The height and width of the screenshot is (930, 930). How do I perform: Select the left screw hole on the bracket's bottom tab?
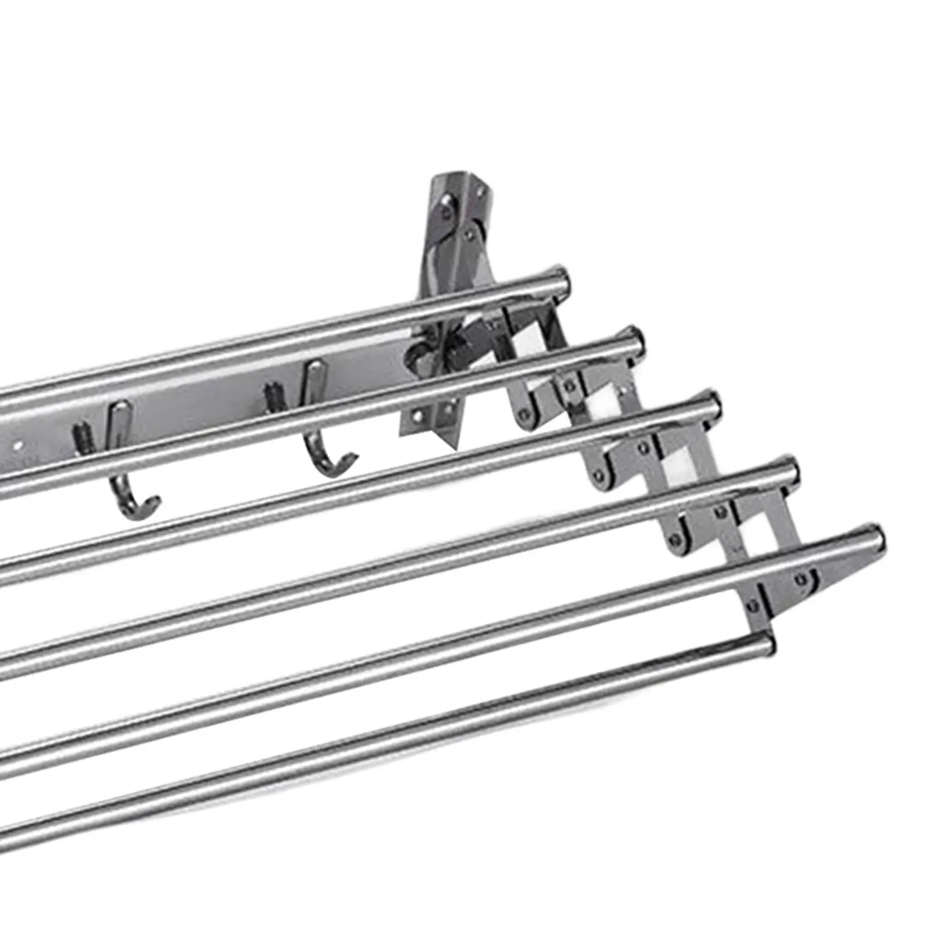417,414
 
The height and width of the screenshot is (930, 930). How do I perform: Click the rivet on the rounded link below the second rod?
525,414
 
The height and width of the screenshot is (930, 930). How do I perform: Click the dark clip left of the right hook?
271,394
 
